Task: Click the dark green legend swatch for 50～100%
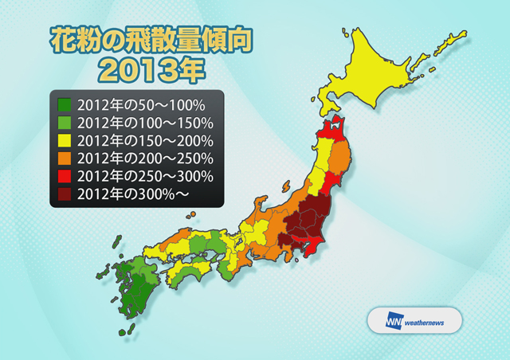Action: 65,104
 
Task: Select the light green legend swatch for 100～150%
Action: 65,123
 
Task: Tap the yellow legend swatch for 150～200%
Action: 65,140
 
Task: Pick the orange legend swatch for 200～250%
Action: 65,158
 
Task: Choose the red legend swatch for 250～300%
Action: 65,175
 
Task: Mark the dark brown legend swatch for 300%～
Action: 65,193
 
